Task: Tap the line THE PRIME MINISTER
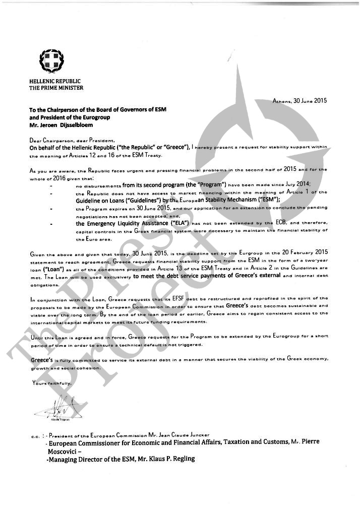click(56, 88)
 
